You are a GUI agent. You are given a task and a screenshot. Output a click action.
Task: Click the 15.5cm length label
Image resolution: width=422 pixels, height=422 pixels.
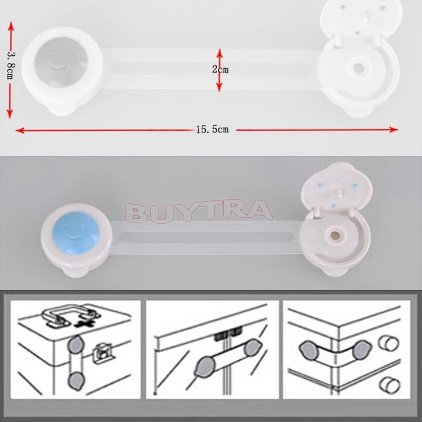(213, 129)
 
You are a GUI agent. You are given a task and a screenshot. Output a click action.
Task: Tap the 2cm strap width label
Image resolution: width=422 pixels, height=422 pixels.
(220, 70)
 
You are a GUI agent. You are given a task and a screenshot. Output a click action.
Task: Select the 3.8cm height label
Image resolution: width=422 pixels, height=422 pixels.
(11, 65)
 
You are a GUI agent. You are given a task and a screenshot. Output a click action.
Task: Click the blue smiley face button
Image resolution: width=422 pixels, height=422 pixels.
(76, 232)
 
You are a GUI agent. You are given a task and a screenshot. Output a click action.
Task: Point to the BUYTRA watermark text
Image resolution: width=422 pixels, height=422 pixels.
(199, 212)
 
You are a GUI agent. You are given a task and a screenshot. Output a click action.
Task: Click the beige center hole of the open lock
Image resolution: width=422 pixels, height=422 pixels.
(335, 236)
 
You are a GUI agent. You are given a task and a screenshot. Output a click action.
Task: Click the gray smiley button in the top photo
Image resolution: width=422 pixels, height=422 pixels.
(61, 62)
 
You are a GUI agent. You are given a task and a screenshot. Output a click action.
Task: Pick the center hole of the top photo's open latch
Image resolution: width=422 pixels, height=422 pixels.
(359, 69)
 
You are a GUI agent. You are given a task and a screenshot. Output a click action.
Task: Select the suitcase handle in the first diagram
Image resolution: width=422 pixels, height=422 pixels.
(71, 314)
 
